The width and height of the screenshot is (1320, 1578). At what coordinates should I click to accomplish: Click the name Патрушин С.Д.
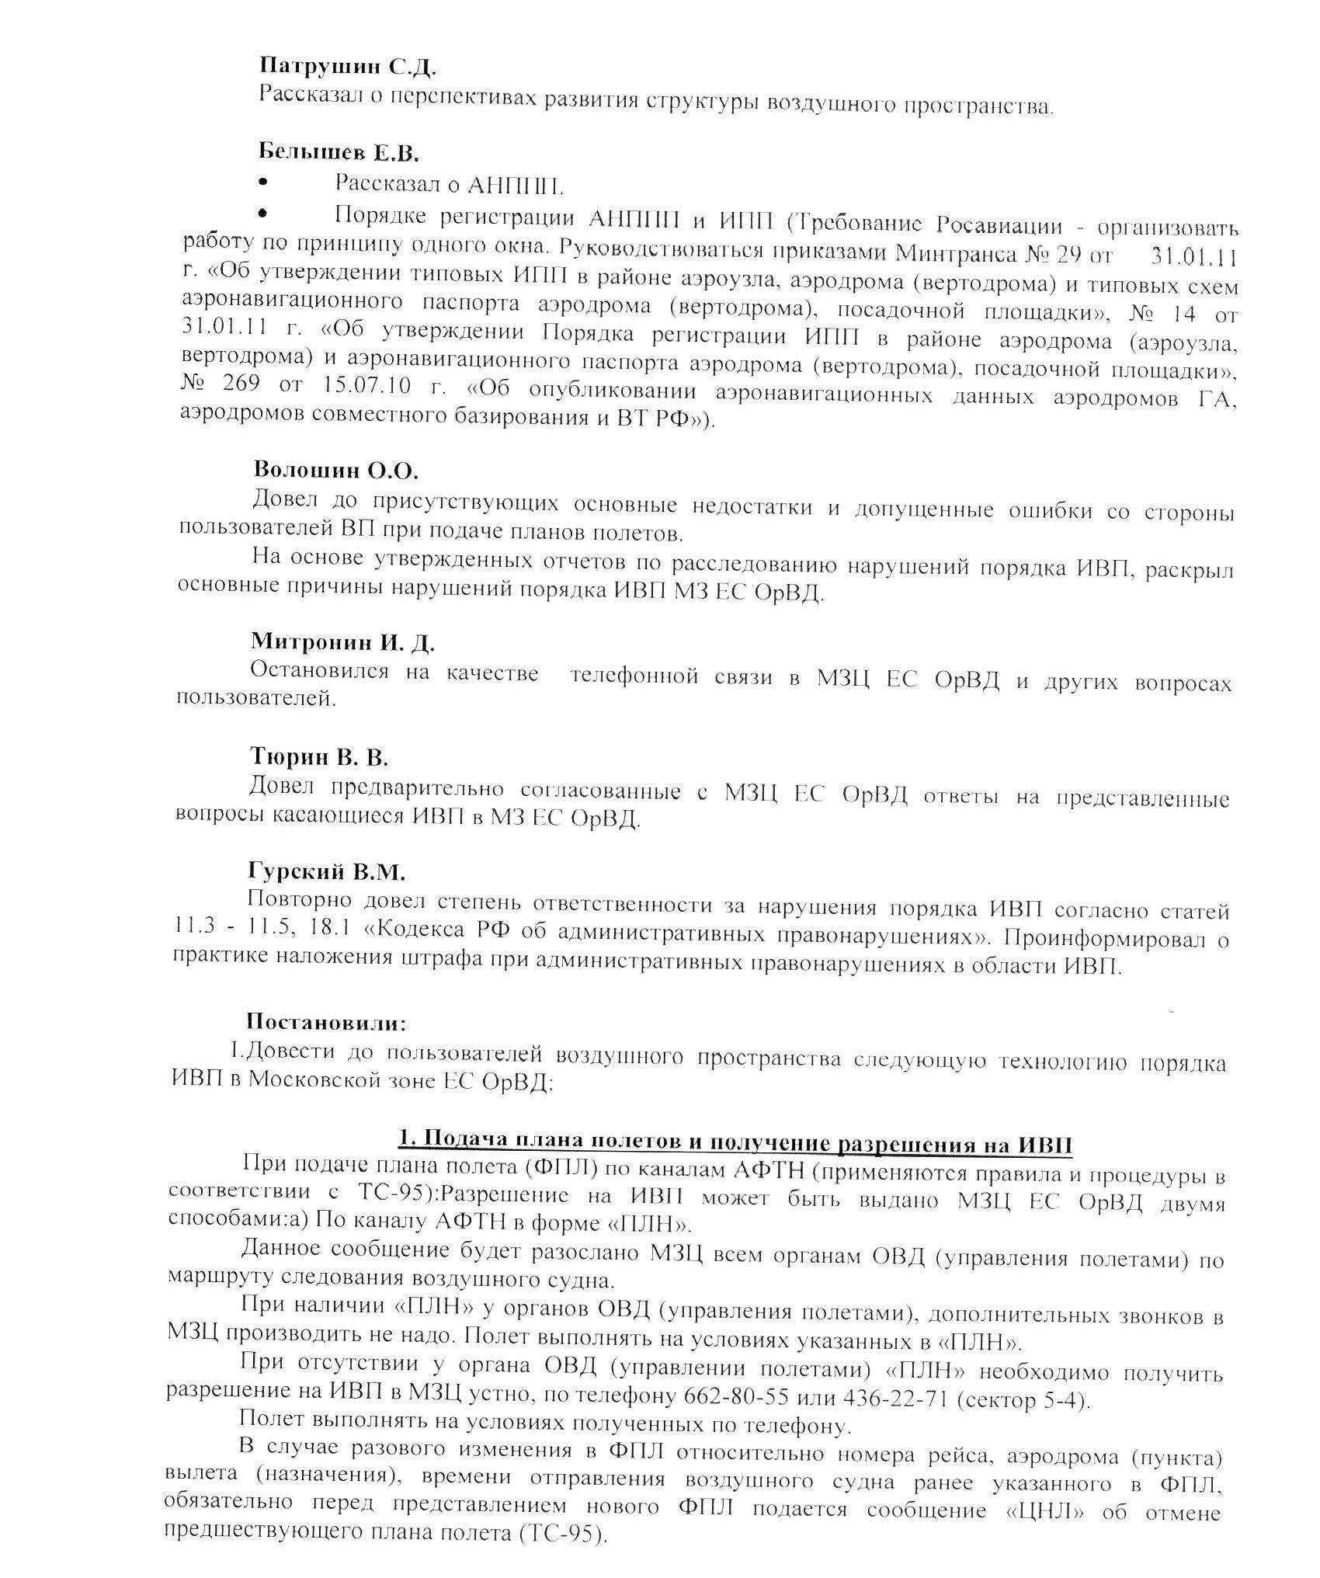click(346, 67)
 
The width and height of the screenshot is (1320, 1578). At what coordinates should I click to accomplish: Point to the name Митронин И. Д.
click(342, 642)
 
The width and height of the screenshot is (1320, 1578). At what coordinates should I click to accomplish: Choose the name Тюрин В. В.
click(319, 756)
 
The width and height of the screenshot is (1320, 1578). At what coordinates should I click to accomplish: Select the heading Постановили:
click(326, 1022)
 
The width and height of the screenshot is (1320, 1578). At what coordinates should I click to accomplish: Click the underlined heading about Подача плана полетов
click(735, 1144)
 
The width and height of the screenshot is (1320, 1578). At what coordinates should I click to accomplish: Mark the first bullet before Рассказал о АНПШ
click(263, 182)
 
